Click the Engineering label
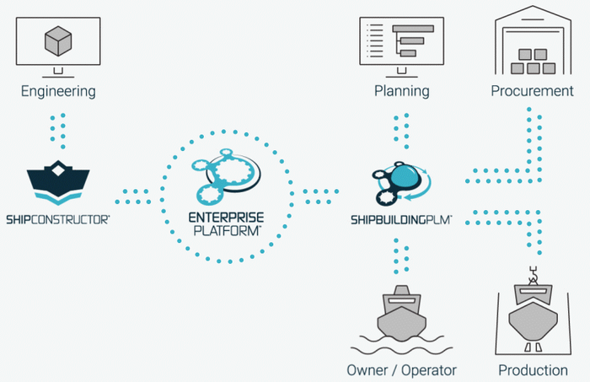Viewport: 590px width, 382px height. click(59, 90)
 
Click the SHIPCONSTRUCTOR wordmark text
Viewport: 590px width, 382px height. click(59, 219)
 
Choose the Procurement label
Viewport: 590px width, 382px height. click(531, 91)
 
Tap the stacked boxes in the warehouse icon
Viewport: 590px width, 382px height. click(531, 59)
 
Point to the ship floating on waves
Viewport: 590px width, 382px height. click(400, 317)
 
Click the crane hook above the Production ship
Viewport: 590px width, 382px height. click(531, 275)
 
